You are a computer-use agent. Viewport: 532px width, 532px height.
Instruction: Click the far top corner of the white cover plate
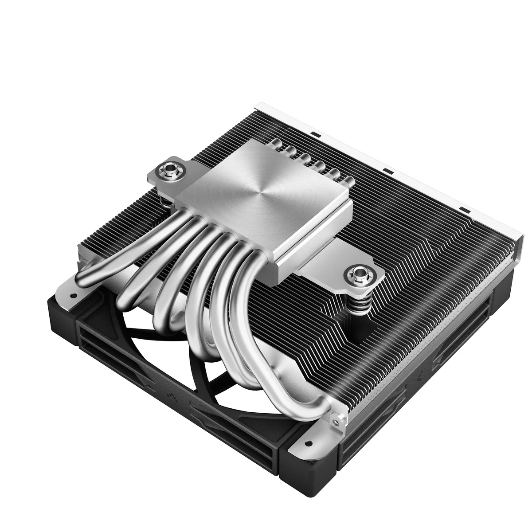[x=258, y=107]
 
